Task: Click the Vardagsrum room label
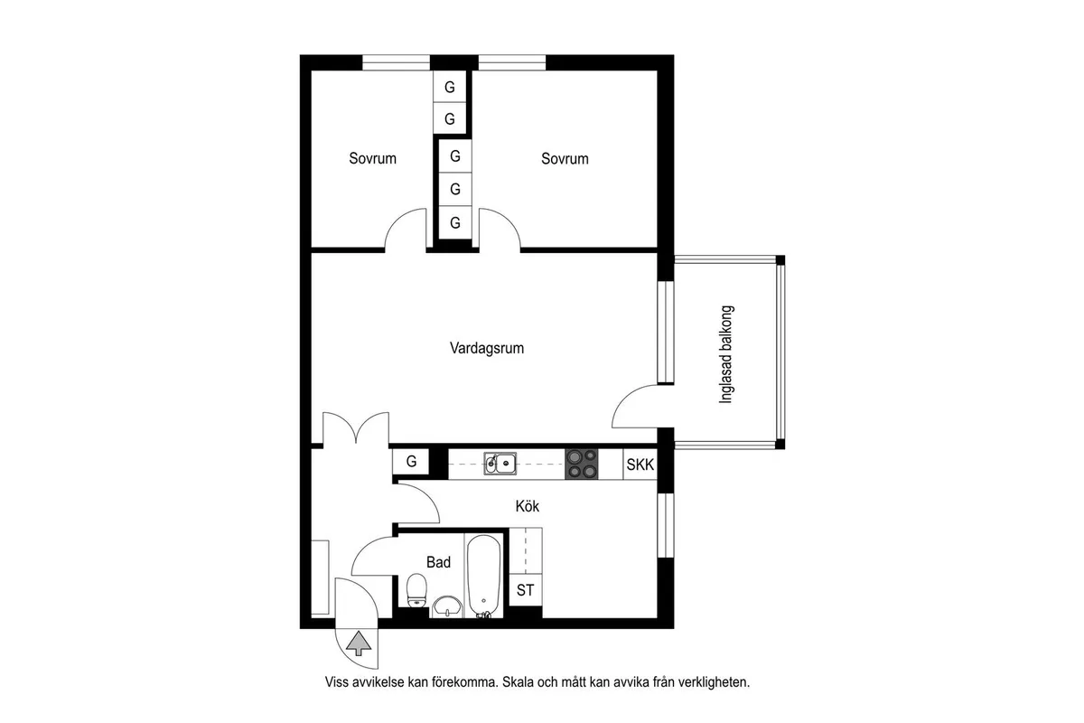pos(487,348)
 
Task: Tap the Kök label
pos(527,506)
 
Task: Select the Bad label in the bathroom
pos(438,562)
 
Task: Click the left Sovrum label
pos(372,158)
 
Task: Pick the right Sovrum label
pos(565,158)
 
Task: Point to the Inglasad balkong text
pos(726,354)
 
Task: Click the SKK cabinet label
pos(640,465)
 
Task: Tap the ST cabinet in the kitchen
pos(526,590)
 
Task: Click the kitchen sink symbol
pos(500,464)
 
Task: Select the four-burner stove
pos(582,464)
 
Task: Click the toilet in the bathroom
pos(416,590)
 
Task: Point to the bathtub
pos(484,577)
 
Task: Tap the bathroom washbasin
pos(448,606)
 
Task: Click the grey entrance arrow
pos(359,643)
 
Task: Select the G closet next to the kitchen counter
pos(411,462)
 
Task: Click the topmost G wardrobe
pos(450,87)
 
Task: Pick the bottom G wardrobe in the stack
pos(455,222)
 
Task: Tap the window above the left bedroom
pos(397,63)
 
